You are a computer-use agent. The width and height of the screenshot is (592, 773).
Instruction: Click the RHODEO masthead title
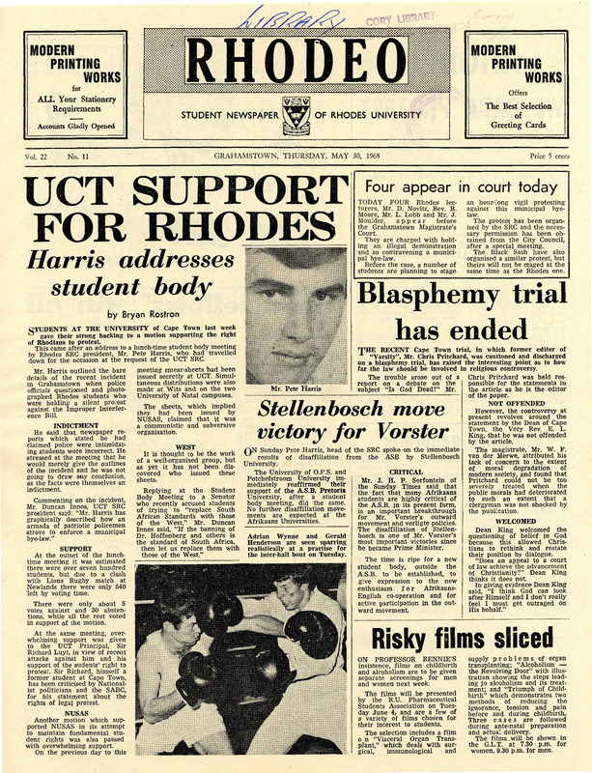click(295, 67)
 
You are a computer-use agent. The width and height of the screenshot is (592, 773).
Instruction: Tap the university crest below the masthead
click(296, 119)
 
